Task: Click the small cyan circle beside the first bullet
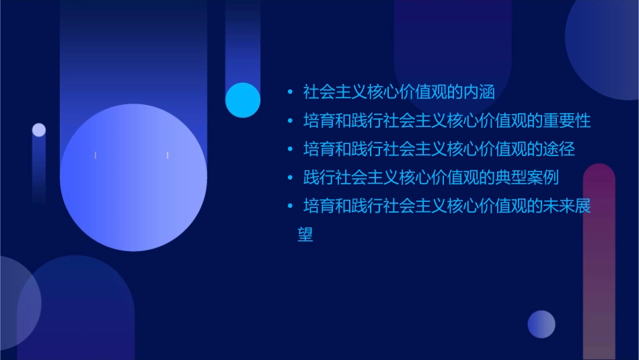coord(243,100)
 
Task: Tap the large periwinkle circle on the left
coord(133,178)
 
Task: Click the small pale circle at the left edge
coord(39,130)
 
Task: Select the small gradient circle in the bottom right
coord(541,324)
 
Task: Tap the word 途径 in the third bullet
coord(559,149)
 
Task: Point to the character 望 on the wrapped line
coord(305,235)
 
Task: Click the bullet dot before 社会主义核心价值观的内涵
coord(290,92)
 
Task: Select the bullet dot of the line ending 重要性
coord(290,121)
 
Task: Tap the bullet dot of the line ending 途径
coord(290,149)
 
